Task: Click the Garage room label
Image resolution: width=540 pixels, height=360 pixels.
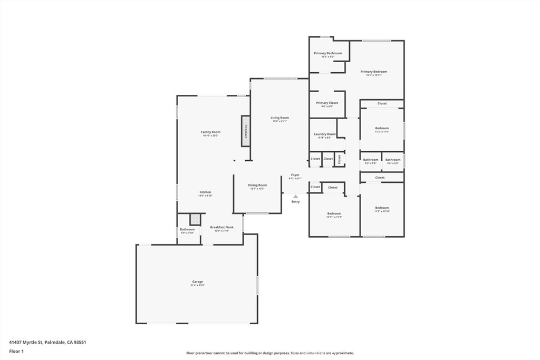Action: (198, 281)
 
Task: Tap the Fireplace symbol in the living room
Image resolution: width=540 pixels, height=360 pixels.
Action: (246, 131)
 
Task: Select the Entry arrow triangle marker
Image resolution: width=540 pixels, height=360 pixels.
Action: (295, 196)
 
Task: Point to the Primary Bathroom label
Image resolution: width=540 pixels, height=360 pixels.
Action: (327, 53)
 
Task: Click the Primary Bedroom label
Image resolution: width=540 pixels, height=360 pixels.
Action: (373, 72)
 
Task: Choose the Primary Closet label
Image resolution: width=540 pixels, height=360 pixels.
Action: (327, 103)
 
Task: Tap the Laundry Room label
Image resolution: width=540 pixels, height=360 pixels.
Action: (324, 134)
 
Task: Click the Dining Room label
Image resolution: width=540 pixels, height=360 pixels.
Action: (257, 185)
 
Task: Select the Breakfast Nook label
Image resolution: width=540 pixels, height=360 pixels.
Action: (221, 227)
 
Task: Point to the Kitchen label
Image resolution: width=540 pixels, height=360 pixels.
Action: (205, 192)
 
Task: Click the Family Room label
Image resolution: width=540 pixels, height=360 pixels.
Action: (210, 132)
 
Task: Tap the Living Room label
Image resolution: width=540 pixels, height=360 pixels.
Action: (279, 118)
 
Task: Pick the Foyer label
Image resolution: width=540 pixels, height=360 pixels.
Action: (295, 175)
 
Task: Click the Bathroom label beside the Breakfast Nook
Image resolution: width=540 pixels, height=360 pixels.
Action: (187, 229)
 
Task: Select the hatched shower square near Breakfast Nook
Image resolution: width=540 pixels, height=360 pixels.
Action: (196, 219)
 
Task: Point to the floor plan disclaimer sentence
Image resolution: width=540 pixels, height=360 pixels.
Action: (269, 353)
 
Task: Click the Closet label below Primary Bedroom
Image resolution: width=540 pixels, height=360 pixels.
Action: (382, 103)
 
